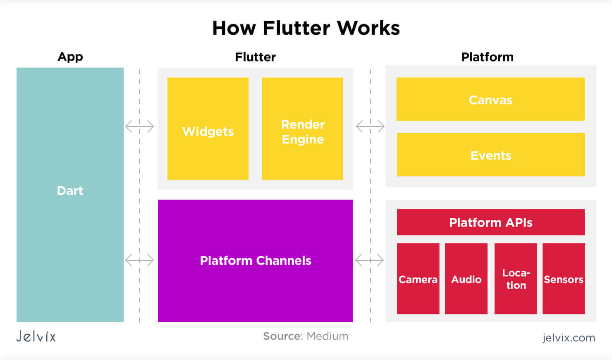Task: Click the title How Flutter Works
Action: (x=306, y=28)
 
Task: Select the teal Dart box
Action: (x=70, y=194)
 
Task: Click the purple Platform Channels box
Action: (x=256, y=261)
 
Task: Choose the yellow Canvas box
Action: (x=490, y=99)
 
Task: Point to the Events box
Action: (x=491, y=155)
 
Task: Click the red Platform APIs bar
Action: (x=491, y=222)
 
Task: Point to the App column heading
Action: (x=70, y=57)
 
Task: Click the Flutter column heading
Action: (x=255, y=57)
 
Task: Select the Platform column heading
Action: (x=487, y=57)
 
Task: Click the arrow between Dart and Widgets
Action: (x=140, y=126)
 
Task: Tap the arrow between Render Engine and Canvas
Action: (x=370, y=126)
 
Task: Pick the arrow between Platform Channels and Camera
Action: (x=370, y=260)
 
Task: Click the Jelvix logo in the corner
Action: (x=36, y=336)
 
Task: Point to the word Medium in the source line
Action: (x=328, y=336)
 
